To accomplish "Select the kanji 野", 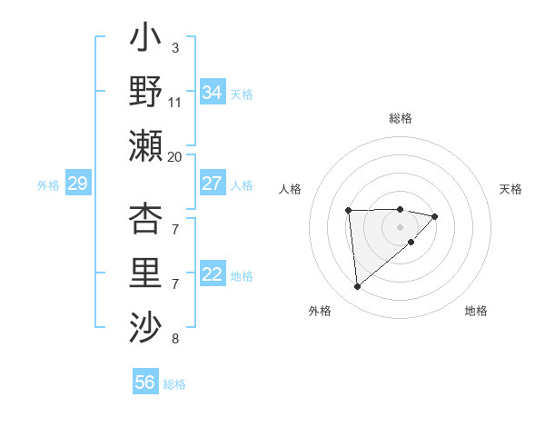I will tap(145, 91).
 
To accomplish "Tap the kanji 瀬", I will tap(145, 145).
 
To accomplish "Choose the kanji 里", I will tap(145, 272).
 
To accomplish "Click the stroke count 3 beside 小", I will tap(174, 47).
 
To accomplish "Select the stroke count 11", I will tap(175, 102).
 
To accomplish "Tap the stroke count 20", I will tap(175, 156).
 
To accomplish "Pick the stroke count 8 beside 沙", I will tap(174, 340).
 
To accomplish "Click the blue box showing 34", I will tap(212, 92).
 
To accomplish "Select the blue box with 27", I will tap(212, 184).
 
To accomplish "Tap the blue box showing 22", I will tap(212, 275).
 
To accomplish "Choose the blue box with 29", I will tap(77, 184).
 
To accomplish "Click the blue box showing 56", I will tap(144, 382).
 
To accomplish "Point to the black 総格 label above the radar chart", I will tap(400, 118).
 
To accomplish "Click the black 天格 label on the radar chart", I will tap(511, 189).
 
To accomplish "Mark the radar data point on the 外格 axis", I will tap(358, 287).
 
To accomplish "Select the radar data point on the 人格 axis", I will tap(348, 211).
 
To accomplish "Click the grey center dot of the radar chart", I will tap(400, 226).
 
